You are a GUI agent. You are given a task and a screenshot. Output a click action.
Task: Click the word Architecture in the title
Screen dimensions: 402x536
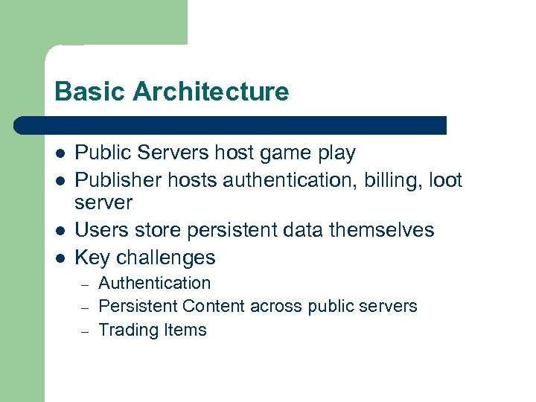pyautogui.click(x=211, y=92)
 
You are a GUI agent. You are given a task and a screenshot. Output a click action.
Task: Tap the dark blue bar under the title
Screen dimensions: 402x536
pyautogui.click(x=231, y=125)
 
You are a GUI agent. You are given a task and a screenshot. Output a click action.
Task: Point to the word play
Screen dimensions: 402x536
pyautogui.click(x=336, y=154)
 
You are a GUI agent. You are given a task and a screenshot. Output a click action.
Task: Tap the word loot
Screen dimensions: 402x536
pyautogui.click(x=446, y=180)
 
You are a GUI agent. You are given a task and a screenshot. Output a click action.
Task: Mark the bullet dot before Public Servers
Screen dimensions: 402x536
pyautogui.click(x=60, y=154)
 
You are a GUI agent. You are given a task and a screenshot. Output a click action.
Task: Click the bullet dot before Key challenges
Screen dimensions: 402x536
pyautogui.click(x=60, y=258)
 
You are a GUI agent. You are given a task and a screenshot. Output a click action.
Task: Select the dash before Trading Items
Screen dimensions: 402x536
pyautogui.click(x=85, y=331)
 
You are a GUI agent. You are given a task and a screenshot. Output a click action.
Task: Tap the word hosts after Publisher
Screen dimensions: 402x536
pyautogui.click(x=194, y=180)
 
